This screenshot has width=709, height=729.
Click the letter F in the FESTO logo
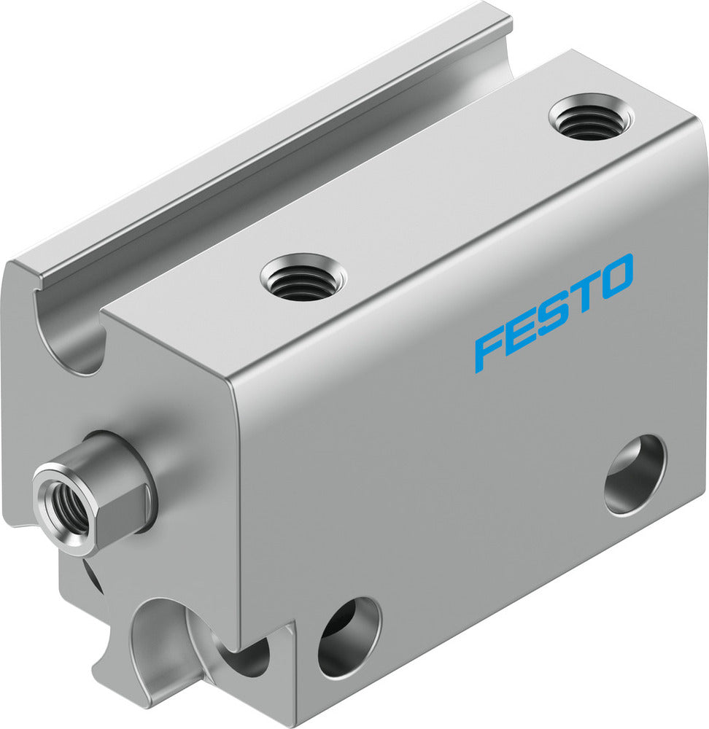[488, 351]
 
